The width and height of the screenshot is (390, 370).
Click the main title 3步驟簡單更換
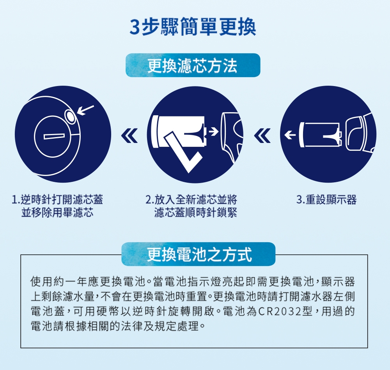(193, 26)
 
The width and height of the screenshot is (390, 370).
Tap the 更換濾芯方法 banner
(193, 65)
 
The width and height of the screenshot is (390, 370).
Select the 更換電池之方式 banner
(198, 254)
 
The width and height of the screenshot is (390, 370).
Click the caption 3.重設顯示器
(326, 200)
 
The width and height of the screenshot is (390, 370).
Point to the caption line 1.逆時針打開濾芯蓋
(57, 200)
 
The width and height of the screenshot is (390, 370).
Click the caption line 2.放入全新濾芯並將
(191, 200)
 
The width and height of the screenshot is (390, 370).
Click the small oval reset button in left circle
(71, 116)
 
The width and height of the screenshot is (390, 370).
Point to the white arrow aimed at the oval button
(86, 110)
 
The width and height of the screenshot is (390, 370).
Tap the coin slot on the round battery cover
(54, 136)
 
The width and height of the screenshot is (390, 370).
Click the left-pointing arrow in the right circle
(290, 135)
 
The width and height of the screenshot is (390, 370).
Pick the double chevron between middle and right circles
(262, 136)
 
